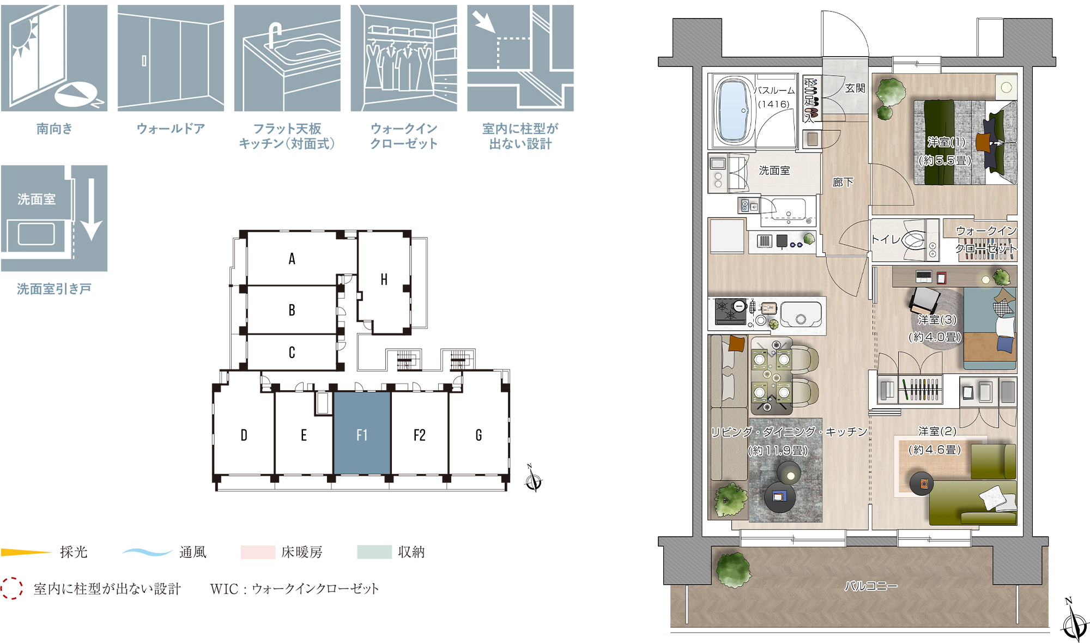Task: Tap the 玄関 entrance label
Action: (855, 88)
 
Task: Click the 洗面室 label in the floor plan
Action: (774, 171)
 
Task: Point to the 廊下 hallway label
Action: (843, 182)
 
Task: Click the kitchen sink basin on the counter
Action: (801, 314)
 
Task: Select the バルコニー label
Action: (870, 586)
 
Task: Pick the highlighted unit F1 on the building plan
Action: (362, 434)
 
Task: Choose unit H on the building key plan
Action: (384, 280)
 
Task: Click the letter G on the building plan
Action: (479, 435)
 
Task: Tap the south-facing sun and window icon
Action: (54, 58)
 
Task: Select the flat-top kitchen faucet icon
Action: (287, 58)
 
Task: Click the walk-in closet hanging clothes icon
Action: (404, 58)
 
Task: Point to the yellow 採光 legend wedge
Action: (26, 553)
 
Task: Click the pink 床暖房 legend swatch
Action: (258, 552)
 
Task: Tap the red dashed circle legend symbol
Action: (11, 589)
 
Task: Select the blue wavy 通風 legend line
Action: (147, 552)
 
